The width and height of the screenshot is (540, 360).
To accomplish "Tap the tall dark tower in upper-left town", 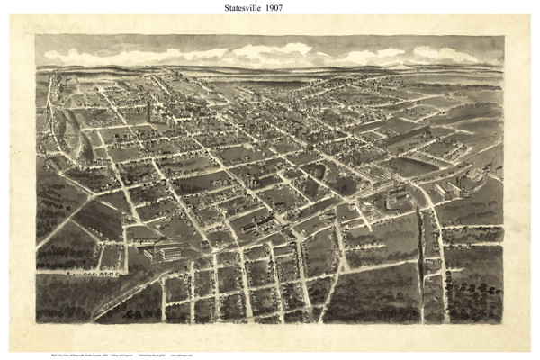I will click(x=149, y=112).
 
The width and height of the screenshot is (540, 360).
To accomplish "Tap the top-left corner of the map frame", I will click(x=36, y=36).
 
